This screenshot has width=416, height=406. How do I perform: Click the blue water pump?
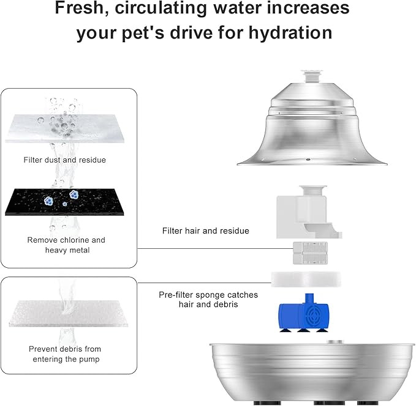point(303,313)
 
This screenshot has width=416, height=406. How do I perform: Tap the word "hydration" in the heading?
point(290,32)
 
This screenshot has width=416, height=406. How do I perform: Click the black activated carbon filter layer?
point(64,202)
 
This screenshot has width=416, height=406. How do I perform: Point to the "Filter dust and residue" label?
point(65,160)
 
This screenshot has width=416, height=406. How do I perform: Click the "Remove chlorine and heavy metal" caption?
point(66,245)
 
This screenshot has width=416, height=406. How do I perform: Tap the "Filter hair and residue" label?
point(206,231)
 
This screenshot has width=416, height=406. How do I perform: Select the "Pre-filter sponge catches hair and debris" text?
point(208,299)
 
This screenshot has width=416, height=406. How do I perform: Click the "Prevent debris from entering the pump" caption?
point(66,354)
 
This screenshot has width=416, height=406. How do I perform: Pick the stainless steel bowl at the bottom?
point(312,372)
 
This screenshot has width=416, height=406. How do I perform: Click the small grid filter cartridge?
point(310,253)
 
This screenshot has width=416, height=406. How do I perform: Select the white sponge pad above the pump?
point(306,279)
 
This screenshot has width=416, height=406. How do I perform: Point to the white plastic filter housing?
point(309,212)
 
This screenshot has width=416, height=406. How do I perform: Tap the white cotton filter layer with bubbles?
point(64,128)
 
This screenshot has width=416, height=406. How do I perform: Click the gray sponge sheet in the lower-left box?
point(68,313)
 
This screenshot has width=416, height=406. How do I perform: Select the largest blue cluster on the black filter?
point(74,194)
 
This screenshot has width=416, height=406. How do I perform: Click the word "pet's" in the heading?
point(143,33)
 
